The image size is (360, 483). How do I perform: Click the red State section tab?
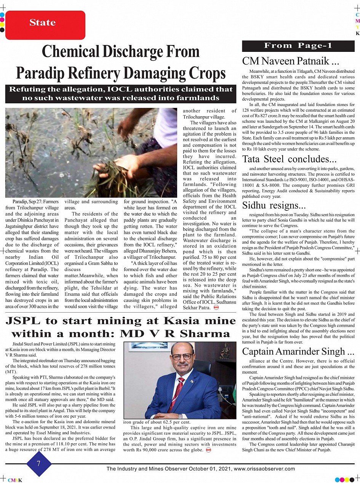(x=42, y=24)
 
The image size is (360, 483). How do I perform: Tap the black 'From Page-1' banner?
(x=298, y=46)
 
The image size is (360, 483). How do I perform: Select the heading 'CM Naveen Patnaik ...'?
(x=291, y=61)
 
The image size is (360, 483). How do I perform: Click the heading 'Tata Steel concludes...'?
(x=290, y=159)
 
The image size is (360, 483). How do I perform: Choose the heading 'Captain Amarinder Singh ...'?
(x=298, y=351)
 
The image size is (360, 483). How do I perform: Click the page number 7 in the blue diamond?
(x=38, y=464)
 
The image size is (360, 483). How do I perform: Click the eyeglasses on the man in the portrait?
(x=182, y=357)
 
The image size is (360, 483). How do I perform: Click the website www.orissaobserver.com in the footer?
(x=264, y=469)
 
